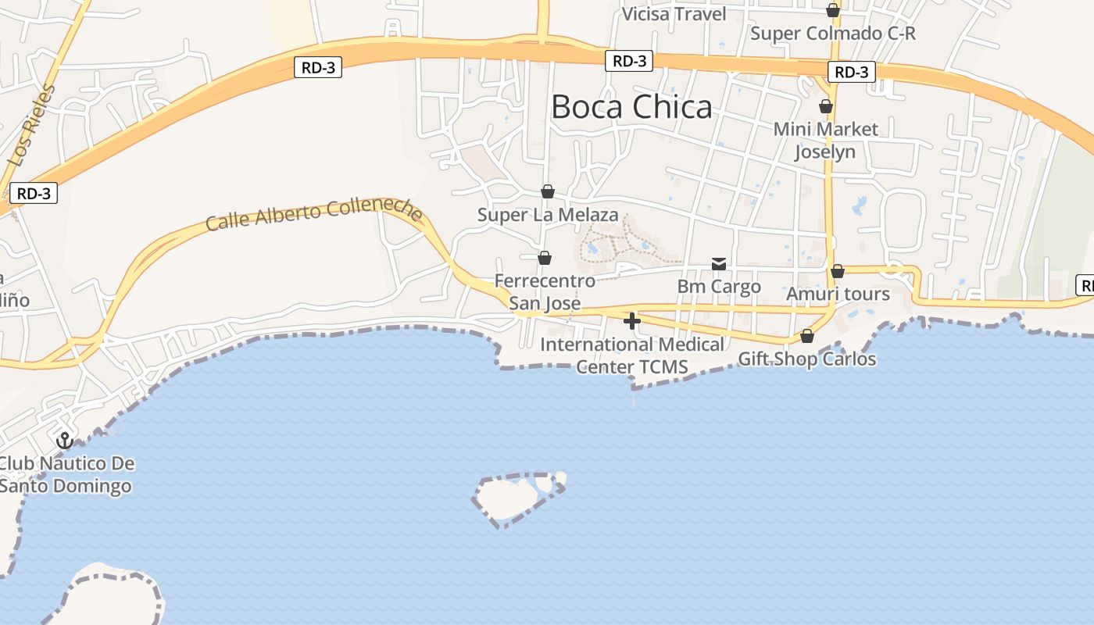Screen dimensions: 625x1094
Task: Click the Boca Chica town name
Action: click(x=631, y=107)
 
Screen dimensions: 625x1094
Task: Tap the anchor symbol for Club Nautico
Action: click(x=65, y=440)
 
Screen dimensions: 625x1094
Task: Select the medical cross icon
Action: click(x=632, y=320)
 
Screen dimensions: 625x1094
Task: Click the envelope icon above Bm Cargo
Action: click(x=719, y=264)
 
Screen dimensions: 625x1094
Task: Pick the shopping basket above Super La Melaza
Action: click(x=548, y=191)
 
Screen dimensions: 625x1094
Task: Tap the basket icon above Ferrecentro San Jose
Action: click(x=545, y=257)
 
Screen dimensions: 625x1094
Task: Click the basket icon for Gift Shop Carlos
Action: click(x=807, y=336)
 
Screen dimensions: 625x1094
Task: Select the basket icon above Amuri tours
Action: click(x=838, y=271)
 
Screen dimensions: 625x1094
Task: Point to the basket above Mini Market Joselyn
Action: click(x=826, y=105)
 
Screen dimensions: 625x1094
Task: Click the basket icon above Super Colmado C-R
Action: click(x=833, y=10)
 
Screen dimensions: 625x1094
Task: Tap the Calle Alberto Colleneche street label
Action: click(x=314, y=212)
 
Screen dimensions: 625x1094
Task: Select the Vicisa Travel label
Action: click(x=674, y=14)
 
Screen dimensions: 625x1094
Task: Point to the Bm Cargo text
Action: click(x=719, y=287)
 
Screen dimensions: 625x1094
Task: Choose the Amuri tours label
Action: click(x=838, y=295)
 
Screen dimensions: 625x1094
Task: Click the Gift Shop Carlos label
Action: click(x=807, y=359)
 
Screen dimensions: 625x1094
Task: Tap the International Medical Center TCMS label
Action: click(x=632, y=355)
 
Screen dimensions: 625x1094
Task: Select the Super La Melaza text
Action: click(x=548, y=215)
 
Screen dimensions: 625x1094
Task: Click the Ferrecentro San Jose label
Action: click(x=545, y=291)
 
